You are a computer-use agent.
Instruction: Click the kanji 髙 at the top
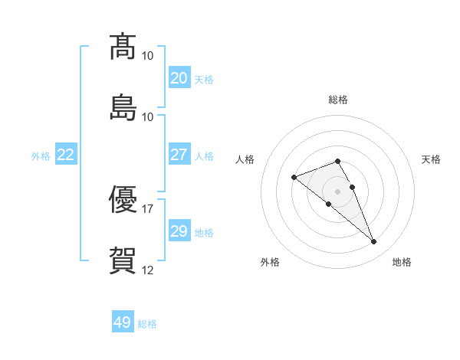[123, 47]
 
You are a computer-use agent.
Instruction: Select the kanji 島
[123, 107]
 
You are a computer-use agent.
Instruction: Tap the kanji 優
[123, 199]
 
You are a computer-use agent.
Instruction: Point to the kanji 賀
[123, 260]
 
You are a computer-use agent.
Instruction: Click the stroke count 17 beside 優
[147, 209]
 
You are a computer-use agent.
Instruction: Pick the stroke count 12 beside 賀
[147, 270]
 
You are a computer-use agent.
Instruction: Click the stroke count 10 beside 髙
[147, 56]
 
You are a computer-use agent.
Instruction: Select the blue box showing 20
[179, 77]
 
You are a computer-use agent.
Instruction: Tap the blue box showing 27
[179, 154]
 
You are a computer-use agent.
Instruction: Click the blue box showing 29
[179, 230]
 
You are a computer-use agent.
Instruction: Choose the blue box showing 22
[66, 154]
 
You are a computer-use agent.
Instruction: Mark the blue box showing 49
[123, 321]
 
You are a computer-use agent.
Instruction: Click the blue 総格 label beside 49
[147, 324]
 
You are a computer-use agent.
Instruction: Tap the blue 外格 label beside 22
[41, 156]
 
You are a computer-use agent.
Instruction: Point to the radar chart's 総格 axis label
[338, 100]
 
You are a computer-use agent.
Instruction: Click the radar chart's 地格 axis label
[402, 262]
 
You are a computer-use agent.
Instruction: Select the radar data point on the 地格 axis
[374, 242]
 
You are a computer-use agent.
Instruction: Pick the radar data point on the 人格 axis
[294, 178]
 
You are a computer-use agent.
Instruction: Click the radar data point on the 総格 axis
[337, 162]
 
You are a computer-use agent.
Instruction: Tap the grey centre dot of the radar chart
[337, 191]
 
